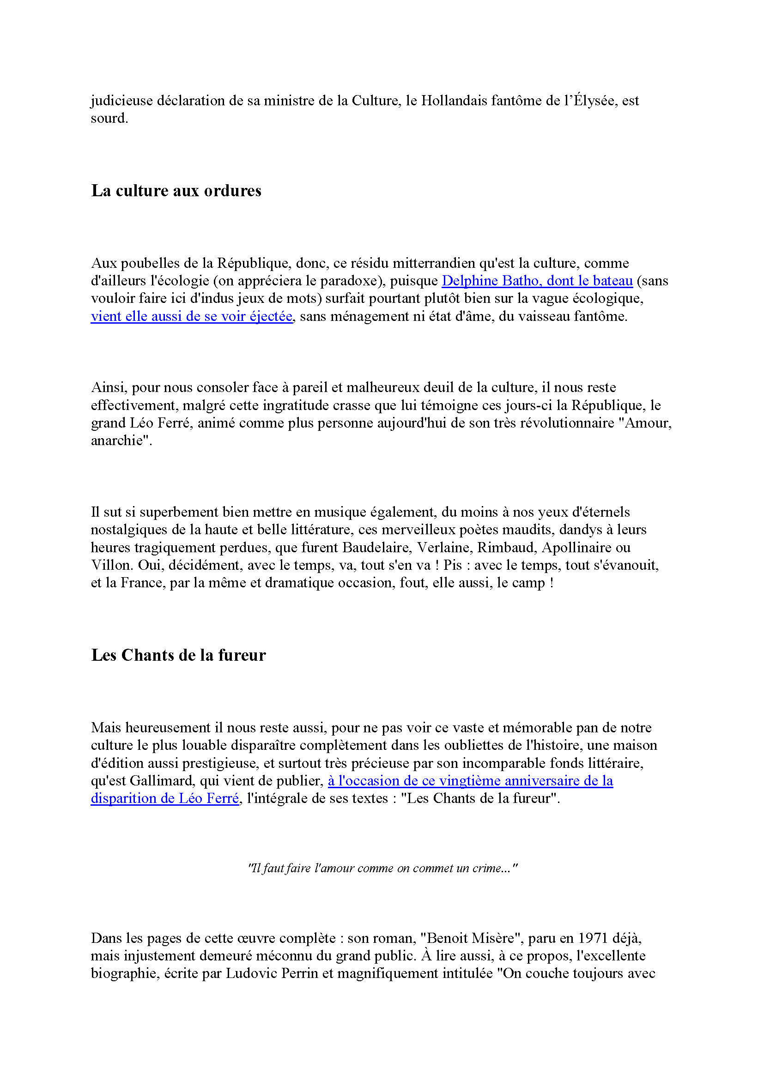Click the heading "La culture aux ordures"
point(176,191)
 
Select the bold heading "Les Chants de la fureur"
point(178,655)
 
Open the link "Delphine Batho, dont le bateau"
point(537,281)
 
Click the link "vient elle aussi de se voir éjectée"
point(192,317)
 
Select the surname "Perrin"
point(297,974)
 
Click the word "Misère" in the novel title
point(493,938)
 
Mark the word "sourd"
point(109,119)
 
